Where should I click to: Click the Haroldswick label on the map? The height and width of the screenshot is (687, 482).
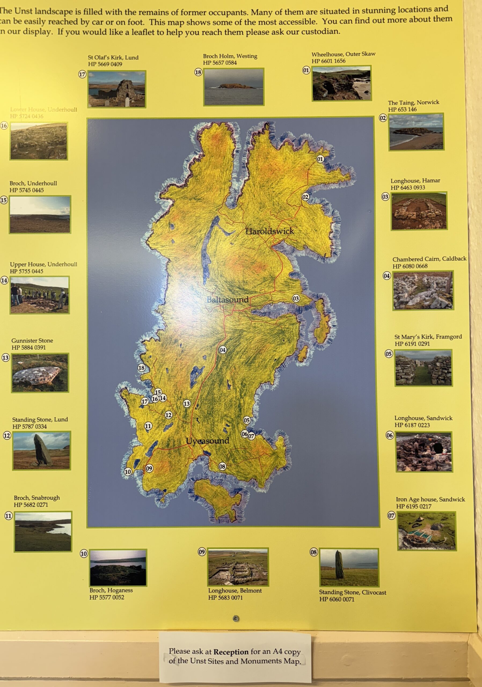pyautogui.click(x=269, y=231)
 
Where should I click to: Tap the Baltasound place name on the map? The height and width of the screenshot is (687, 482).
pyautogui.click(x=228, y=299)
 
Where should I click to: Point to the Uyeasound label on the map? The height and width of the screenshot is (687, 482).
pyautogui.click(x=207, y=441)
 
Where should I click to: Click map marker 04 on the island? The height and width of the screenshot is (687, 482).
pyautogui.click(x=222, y=350)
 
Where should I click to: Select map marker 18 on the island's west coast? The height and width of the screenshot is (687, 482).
pyautogui.click(x=141, y=368)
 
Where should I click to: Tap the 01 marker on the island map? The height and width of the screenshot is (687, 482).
pyautogui.click(x=320, y=159)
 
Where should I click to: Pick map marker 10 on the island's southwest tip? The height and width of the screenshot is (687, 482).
pyautogui.click(x=128, y=472)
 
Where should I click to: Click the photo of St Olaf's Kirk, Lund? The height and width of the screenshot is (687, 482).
pyautogui.click(x=117, y=89)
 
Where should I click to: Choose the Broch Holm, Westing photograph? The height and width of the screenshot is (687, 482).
pyautogui.click(x=234, y=87)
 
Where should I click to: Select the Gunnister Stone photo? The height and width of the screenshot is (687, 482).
pyautogui.click(x=40, y=372)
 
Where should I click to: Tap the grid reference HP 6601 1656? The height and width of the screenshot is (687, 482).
pyautogui.click(x=328, y=61)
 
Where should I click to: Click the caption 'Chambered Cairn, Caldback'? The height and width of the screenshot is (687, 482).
pyautogui.click(x=429, y=259)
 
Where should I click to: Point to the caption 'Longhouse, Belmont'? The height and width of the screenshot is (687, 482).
pyautogui.click(x=235, y=591)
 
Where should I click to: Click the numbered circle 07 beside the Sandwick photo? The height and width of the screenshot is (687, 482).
pyautogui.click(x=391, y=515)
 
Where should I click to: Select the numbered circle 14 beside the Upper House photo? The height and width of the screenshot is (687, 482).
pyautogui.click(x=4, y=280)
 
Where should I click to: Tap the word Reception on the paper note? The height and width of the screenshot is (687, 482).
pyautogui.click(x=231, y=652)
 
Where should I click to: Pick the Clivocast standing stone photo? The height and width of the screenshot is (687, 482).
pyautogui.click(x=349, y=567)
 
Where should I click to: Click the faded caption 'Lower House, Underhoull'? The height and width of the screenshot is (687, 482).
pyautogui.click(x=43, y=109)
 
